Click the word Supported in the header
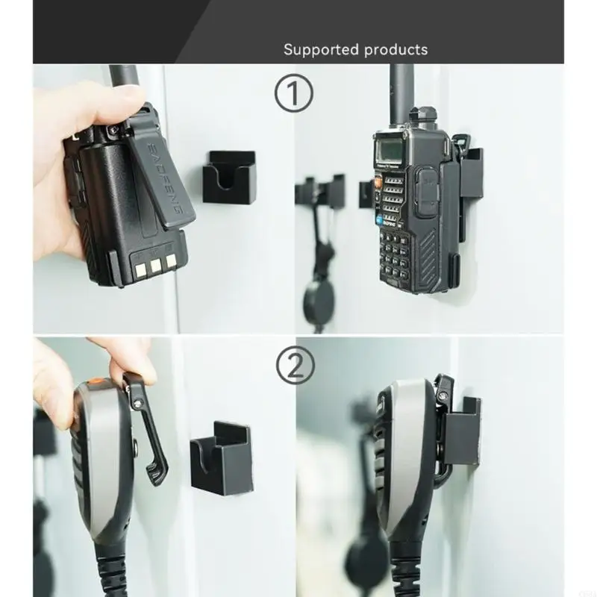click(320, 50)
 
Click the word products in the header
click(396, 50)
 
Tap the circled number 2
click(296, 365)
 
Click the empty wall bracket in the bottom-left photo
click(222, 457)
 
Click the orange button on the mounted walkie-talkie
click(378, 181)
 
